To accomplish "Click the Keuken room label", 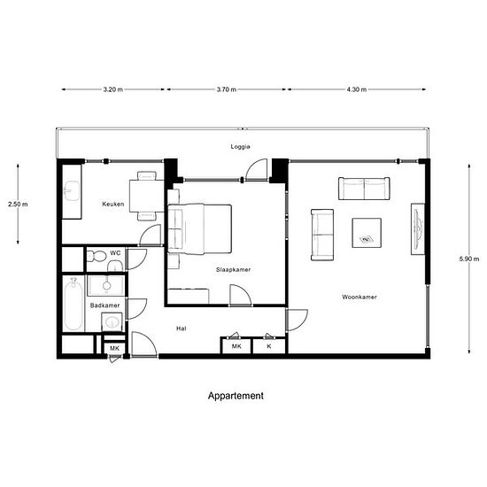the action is point(113,204).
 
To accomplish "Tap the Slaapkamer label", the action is point(233,269).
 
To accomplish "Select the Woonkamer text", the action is point(359,297).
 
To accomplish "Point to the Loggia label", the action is point(240,147).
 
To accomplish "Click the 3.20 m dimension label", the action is point(113,89).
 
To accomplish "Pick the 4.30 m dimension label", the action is point(357,89).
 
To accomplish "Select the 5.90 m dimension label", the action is point(469,259).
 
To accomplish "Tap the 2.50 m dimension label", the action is point(18,204).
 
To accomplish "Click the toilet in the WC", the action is point(97,256).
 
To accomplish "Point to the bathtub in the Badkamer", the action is point(73,304).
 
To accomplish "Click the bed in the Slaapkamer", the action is point(199,229).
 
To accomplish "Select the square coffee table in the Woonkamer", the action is point(367,233).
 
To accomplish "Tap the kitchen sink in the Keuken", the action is point(72,191).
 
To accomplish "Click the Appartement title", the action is point(236,396).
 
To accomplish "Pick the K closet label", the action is point(269,346).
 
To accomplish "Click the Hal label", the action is point(181,329).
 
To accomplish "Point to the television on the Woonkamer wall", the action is point(418,229).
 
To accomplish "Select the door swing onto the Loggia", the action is point(257,169).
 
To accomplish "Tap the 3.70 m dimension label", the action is point(227,89).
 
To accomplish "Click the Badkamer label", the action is point(104,305).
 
